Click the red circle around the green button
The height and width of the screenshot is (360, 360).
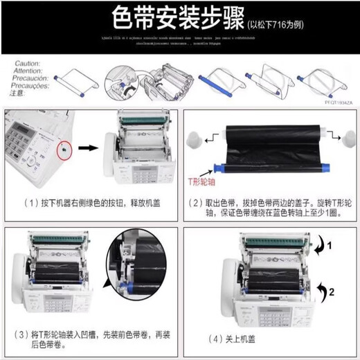[63, 147]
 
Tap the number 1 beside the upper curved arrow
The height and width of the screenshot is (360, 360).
[331, 245]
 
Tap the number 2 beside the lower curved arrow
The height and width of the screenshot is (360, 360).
[331, 291]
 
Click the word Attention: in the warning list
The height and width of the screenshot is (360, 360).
[28, 69]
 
